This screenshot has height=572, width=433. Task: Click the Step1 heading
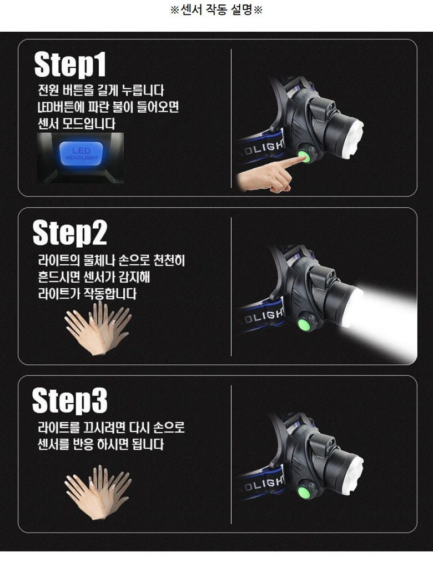tap(70, 64)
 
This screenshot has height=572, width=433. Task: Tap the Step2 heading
tap(70, 233)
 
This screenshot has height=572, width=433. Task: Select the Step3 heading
tap(70, 400)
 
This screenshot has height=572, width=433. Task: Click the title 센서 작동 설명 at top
tap(216, 10)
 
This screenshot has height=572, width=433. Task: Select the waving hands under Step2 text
tap(98, 328)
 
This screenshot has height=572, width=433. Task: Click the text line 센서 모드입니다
tap(77, 124)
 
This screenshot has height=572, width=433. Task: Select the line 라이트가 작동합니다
tap(87, 294)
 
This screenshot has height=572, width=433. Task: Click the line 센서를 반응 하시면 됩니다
tap(100, 444)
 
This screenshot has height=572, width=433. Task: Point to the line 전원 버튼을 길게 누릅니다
tap(101, 90)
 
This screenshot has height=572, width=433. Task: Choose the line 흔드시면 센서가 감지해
tap(94, 277)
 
